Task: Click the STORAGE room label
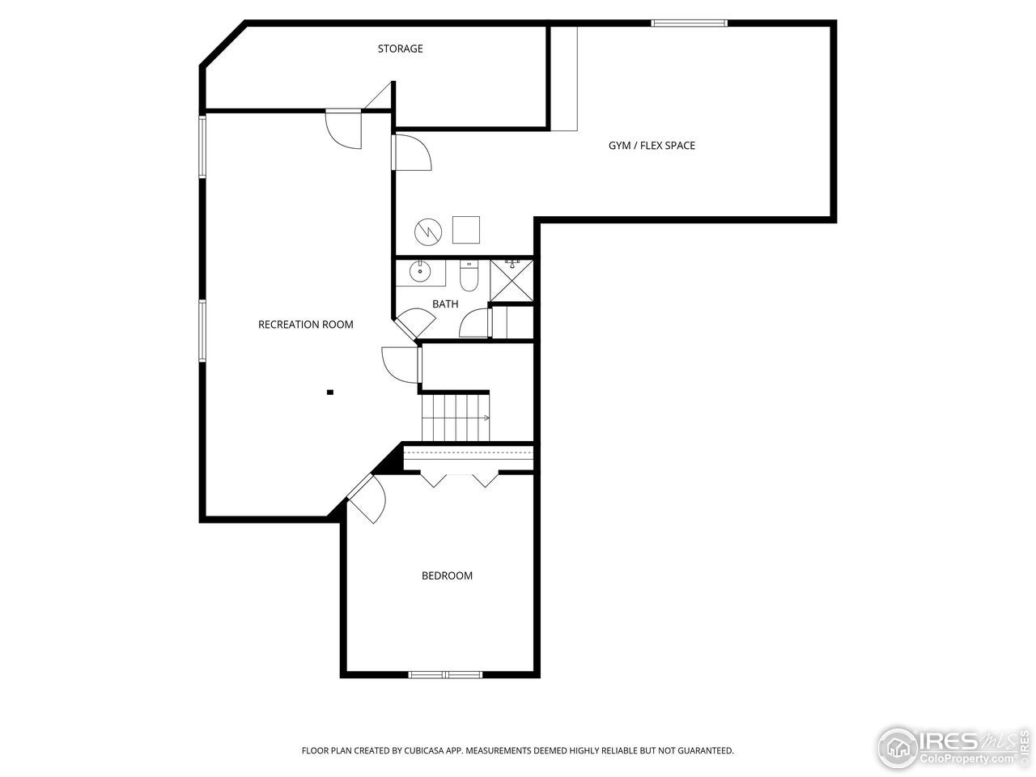coord(400,49)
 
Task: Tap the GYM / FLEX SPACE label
coord(652,146)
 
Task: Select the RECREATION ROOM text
coord(305,325)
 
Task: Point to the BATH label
coord(444,304)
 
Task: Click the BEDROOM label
coord(447,576)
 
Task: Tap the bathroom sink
coord(420,271)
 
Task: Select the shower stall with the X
coord(512,281)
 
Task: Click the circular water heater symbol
coord(428,232)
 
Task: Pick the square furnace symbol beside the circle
coord(466,230)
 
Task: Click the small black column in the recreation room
coord(330,393)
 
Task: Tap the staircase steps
coord(455,416)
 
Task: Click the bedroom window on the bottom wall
coord(444,674)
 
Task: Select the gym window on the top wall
coord(690,23)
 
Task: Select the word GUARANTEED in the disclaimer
coord(703,751)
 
